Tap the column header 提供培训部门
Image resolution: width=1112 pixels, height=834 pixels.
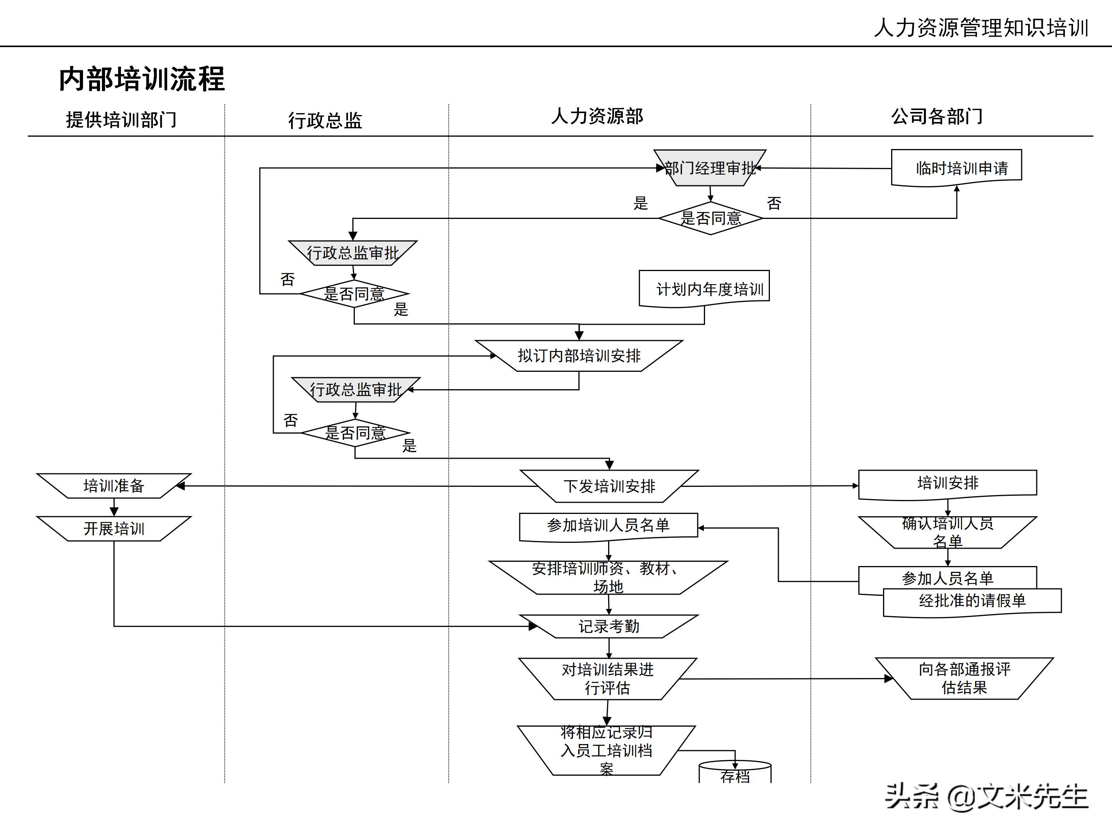point(121,120)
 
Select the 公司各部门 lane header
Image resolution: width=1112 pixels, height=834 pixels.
point(937,116)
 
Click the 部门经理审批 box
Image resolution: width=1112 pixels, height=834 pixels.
point(710,168)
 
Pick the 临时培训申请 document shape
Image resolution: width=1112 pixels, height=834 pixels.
point(956,168)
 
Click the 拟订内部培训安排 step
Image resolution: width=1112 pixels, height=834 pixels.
point(579,356)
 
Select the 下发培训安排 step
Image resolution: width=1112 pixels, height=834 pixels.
point(609,486)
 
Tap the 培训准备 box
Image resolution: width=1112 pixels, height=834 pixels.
point(114,486)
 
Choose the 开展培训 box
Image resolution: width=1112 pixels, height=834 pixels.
point(114,528)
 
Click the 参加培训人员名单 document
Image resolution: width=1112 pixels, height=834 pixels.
point(608,525)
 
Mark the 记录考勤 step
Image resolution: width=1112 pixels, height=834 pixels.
point(609,626)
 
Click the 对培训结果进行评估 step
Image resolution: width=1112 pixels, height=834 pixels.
point(608,679)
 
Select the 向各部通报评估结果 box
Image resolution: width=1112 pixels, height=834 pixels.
point(964,678)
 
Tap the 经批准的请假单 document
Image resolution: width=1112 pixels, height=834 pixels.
point(972,601)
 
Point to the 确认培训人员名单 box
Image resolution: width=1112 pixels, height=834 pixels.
point(948,532)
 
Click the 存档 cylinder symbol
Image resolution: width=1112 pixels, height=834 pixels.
point(735,774)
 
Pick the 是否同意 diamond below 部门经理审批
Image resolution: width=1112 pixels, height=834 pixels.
point(710,218)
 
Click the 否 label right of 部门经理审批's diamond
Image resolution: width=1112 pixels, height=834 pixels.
point(774,203)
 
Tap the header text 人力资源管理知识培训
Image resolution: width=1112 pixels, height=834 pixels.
point(981,28)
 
